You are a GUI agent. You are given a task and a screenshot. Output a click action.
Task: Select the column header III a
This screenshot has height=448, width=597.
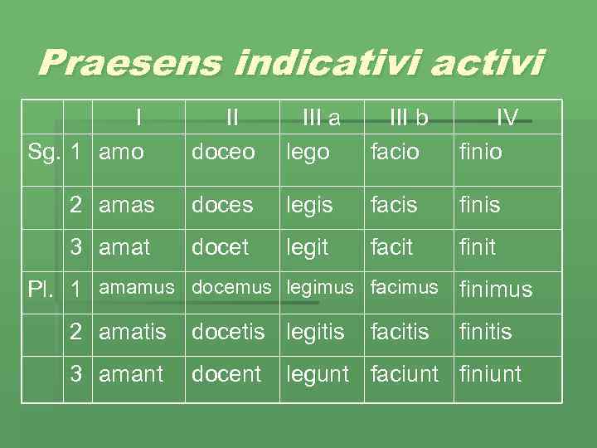click(322, 119)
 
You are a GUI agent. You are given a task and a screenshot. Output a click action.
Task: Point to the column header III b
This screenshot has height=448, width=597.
click(409, 119)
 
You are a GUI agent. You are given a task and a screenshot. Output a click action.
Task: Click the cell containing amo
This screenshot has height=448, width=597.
click(121, 153)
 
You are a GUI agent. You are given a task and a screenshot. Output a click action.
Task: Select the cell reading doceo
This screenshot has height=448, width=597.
click(223, 153)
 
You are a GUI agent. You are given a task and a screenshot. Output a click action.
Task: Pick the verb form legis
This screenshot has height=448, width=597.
click(309, 205)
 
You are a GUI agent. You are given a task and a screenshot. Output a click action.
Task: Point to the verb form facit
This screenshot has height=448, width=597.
click(392, 247)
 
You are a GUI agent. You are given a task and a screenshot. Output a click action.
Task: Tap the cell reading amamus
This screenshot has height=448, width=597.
click(137, 288)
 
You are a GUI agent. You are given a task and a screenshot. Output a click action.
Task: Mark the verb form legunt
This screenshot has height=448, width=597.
click(318, 375)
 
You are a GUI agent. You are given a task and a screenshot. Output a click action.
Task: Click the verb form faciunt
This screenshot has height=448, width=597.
click(405, 374)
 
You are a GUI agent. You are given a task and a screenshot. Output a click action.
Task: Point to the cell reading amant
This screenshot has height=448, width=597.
click(131, 374)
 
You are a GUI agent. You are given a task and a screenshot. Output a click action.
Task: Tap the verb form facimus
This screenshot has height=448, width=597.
click(404, 288)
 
